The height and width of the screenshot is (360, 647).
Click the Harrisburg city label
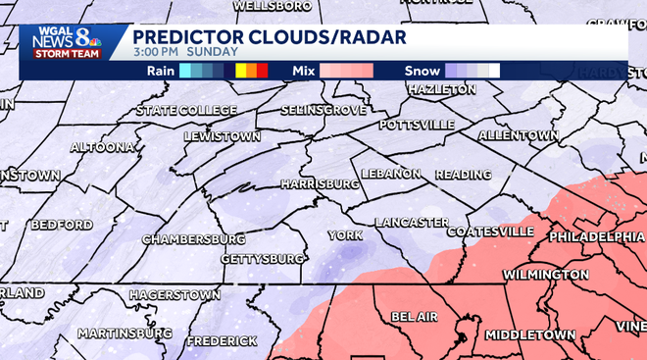coord(320,183)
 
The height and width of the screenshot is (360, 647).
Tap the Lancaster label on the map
coord(412,223)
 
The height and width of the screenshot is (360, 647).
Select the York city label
coord(345,235)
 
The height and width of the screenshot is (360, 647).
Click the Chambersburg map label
coord(193,239)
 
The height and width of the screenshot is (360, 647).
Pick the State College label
coord(186,110)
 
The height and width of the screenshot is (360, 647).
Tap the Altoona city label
coord(102,147)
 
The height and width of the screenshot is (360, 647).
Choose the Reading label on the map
coord(464,175)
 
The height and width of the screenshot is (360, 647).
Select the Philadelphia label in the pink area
coord(596,237)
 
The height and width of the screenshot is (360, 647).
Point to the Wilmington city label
coord(546,275)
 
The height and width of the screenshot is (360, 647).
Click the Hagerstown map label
coord(174,294)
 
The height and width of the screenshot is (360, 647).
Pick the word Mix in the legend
coord(304,71)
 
